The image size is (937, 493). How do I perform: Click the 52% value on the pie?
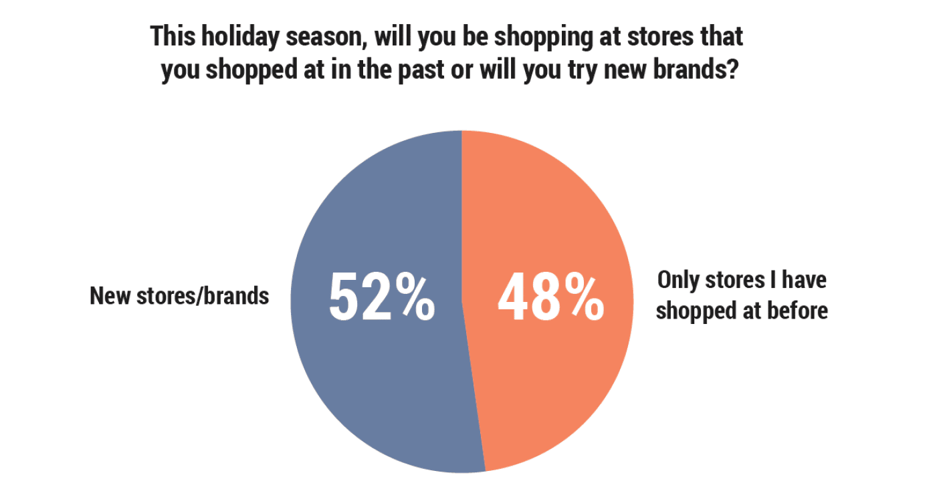pyautogui.click(x=382, y=297)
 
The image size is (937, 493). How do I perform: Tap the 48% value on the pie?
pyautogui.click(x=551, y=297)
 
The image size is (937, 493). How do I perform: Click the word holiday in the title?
pyautogui.click(x=239, y=37)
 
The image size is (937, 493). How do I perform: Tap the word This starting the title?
pyautogui.click(x=173, y=36)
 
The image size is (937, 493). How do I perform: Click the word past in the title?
pyautogui.click(x=421, y=70)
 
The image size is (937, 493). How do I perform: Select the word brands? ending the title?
pyautogui.click(x=696, y=69)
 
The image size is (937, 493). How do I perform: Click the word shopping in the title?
pyautogui.click(x=543, y=37)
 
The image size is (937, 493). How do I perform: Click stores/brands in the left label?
pyautogui.click(x=203, y=296)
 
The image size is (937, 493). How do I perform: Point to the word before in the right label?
pyautogui.click(x=797, y=311)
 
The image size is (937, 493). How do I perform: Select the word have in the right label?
pyautogui.click(x=804, y=279)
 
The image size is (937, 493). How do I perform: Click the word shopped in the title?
pyautogui.click(x=251, y=70)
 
